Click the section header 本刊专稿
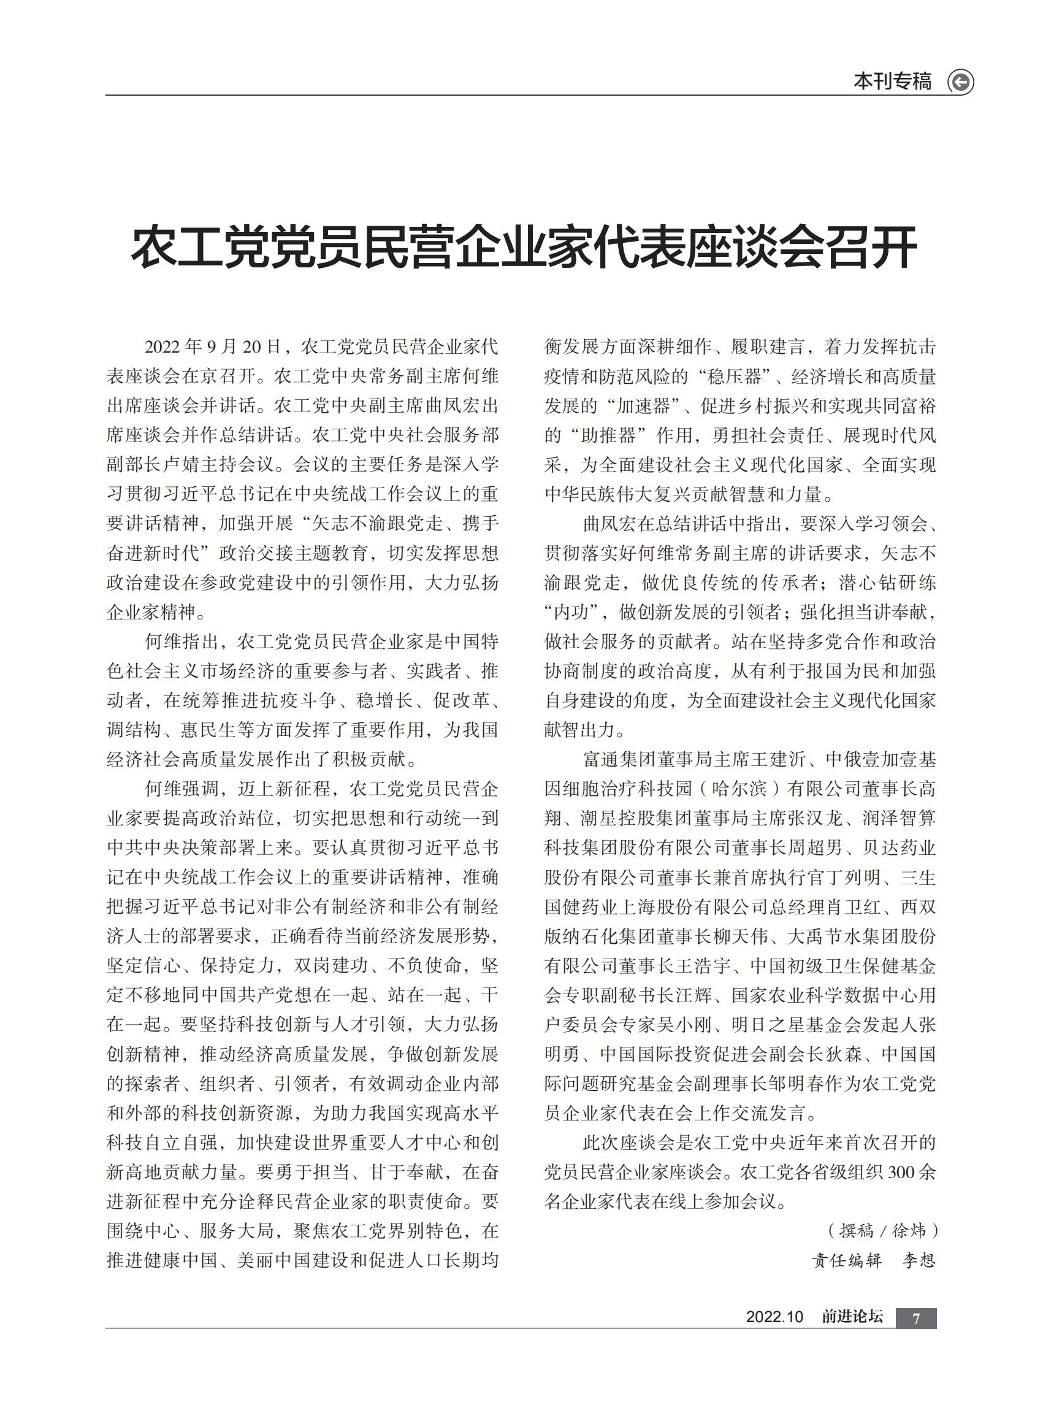click(x=892, y=82)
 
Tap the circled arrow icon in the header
click(x=960, y=82)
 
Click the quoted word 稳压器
click(x=734, y=377)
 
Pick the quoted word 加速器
click(x=646, y=406)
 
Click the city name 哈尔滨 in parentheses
click(x=739, y=789)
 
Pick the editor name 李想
click(x=919, y=1260)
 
